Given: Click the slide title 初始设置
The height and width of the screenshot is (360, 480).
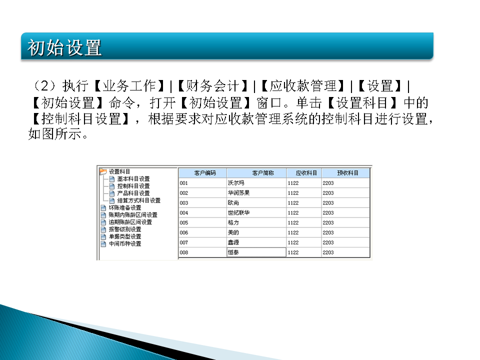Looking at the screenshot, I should [x=65, y=48].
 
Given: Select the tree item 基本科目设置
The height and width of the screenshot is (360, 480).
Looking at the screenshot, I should [x=133, y=178].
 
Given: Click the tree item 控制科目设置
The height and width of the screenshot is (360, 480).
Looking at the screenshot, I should [x=133, y=186].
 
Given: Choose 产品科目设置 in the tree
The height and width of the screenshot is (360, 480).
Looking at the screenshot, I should [x=133, y=193].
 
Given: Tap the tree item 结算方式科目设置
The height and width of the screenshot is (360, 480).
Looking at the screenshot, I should [x=138, y=200].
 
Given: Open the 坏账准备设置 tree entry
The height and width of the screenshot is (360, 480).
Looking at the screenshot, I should [x=125, y=207].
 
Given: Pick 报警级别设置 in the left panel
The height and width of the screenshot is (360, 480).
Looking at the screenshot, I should [x=125, y=229].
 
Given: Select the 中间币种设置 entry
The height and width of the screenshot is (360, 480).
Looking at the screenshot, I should [x=125, y=244].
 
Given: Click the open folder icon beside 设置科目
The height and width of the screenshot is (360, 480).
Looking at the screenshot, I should [x=103, y=171].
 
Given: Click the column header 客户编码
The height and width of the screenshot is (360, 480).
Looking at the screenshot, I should [x=202, y=173].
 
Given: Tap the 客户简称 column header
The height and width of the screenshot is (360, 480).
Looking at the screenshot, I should [x=256, y=173].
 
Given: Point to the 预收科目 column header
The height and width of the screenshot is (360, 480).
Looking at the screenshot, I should [x=345, y=173].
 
